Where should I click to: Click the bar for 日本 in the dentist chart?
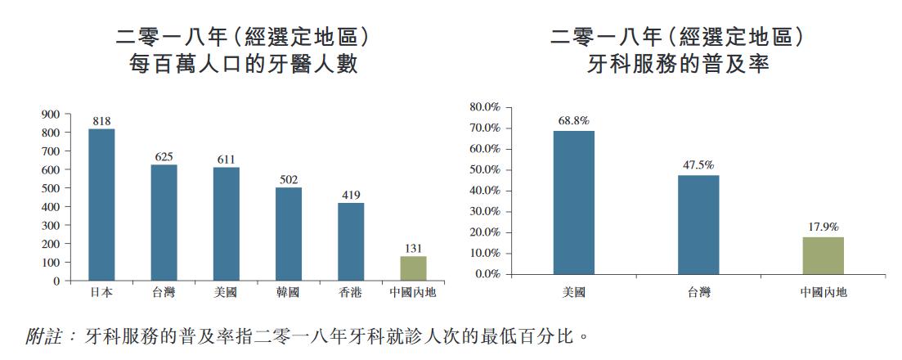pos(101,205)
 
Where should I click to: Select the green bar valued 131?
pos(413,268)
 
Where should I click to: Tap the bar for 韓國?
pos(289,234)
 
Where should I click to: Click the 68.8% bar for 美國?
pos(574,202)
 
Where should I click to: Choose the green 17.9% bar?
pos(823,255)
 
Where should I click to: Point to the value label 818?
pos(101,121)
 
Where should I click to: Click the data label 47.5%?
pos(698,165)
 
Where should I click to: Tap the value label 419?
pos(351,195)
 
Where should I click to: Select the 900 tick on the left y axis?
pos(51,114)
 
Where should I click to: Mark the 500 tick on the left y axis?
pos(51,188)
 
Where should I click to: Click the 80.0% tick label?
pos(485,107)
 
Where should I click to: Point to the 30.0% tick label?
pos(485,212)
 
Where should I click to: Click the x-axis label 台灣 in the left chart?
pos(164,292)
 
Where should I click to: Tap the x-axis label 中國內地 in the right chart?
pos(823,292)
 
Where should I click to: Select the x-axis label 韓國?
pos(289,292)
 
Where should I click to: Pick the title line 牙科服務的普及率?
pos(678,65)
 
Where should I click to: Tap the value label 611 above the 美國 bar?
pos(227,160)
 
